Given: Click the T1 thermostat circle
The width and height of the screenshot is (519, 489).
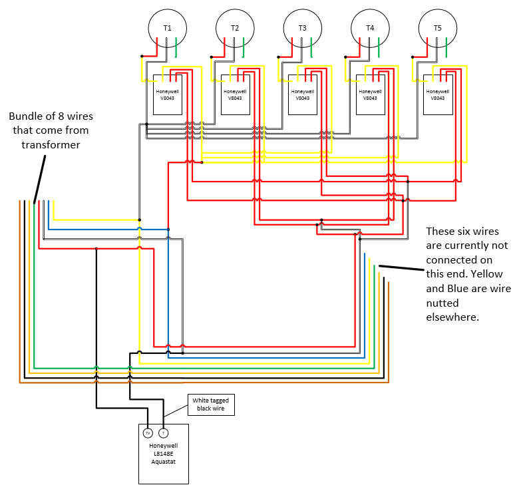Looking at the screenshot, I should point(167,28).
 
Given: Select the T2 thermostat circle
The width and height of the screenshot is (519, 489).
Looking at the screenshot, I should point(235,28).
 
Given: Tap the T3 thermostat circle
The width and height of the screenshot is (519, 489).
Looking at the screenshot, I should point(303,28).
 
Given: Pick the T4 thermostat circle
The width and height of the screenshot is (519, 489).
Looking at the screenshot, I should point(370,28).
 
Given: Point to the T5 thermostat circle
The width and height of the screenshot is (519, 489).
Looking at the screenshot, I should point(437,28).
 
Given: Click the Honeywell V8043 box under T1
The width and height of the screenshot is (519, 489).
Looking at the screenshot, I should point(168,94).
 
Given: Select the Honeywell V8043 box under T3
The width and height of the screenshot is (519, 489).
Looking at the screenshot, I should point(303,94).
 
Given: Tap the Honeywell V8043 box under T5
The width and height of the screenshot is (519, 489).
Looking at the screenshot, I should point(437,94).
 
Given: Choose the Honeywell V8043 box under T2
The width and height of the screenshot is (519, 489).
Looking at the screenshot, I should point(235,94).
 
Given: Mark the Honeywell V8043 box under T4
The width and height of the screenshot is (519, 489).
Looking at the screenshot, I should point(370,94).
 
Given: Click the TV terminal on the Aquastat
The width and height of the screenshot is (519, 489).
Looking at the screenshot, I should point(148,433).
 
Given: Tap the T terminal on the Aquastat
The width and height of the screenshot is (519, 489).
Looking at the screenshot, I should point(164,433).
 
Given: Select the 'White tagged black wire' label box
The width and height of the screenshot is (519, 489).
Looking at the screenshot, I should point(210,404).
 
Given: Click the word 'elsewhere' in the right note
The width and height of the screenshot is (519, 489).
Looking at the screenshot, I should point(452,317).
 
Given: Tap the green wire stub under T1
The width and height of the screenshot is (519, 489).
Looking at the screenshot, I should point(176,47).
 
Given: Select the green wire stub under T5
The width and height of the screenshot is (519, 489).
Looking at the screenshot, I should point(446,47).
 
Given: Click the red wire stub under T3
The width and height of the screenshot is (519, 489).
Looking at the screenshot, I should point(293,44).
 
